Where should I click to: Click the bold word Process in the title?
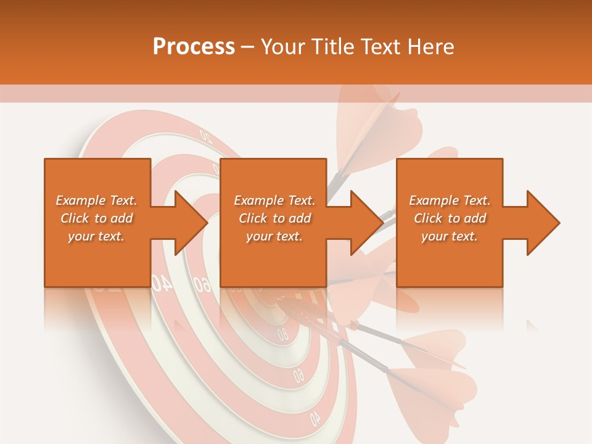pos(194,47)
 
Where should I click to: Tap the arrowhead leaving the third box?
pos(542,223)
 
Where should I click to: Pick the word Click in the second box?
pos(253,218)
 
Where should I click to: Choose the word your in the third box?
pos(435,236)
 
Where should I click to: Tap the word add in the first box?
pos(121,218)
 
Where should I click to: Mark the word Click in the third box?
pos(428,218)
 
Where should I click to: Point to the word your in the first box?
pos(81,236)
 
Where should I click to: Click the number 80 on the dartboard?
pos(282,335)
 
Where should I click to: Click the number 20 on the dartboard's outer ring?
pos(205,134)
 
